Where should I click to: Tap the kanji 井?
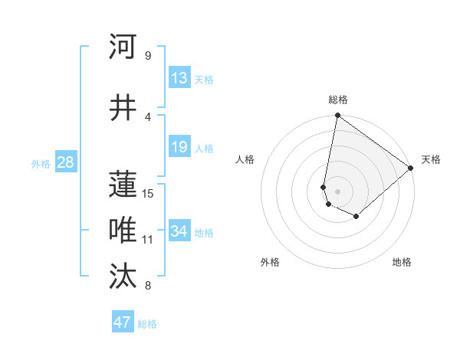point(123,108)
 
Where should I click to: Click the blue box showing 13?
point(179,78)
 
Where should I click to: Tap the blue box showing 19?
point(179,147)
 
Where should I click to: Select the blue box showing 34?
point(179,231)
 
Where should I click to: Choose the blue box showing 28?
point(65,162)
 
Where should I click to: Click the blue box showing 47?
point(123,322)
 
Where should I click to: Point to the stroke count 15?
point(148,193)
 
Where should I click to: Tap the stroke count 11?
point(148,239)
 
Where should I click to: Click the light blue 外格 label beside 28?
point(41,163)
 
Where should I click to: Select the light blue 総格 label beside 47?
point(147,324)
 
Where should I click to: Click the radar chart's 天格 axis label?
point(431,159)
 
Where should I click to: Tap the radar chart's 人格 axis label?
point(245,159)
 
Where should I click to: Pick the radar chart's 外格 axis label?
point(270,262)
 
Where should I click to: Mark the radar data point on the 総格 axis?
point(337,116)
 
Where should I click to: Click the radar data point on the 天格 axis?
point(411,168)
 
